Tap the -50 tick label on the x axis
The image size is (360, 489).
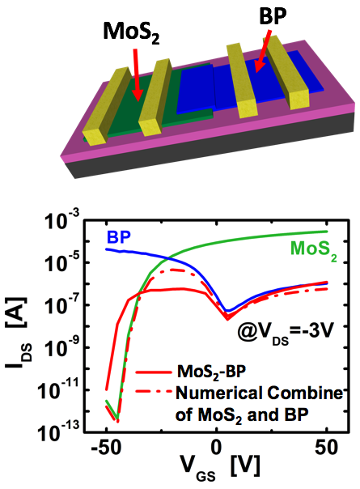click(104, 446)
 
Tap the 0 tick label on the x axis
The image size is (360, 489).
click(217, 446)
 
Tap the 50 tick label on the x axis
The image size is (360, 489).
click(325, 446)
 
